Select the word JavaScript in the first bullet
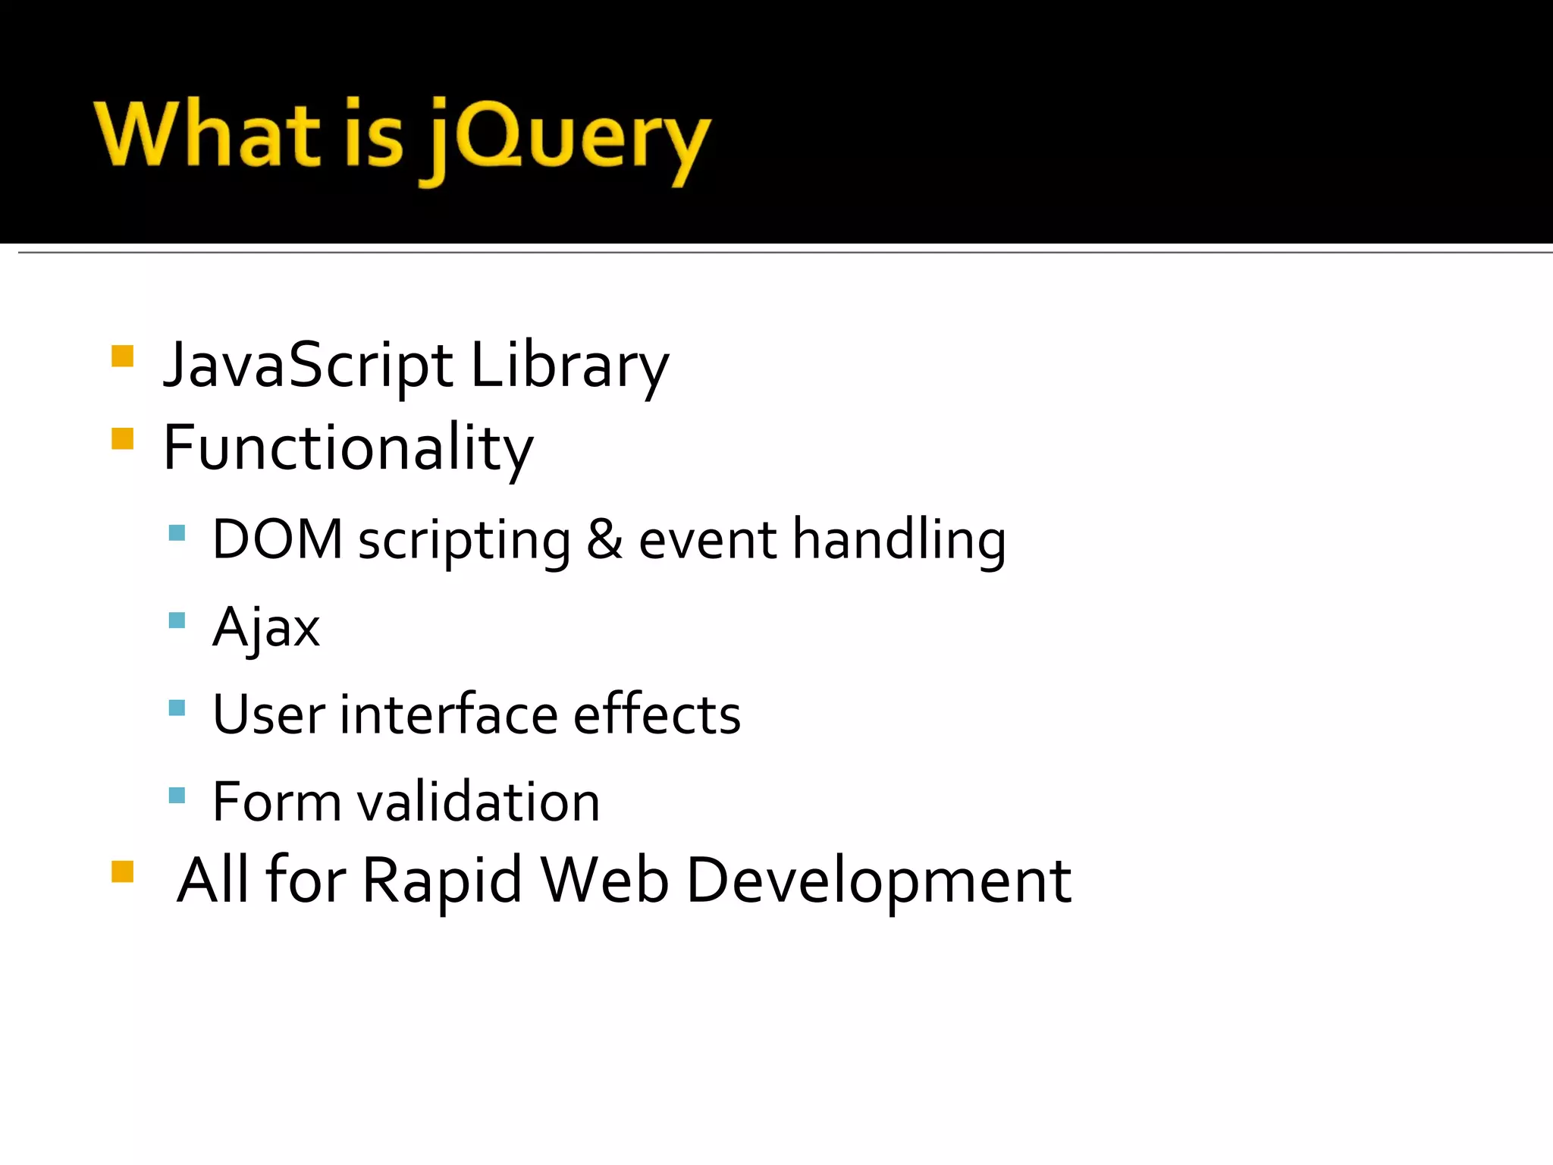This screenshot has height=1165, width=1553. [x=308, y=366]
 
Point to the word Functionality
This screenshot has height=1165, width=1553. [x=348, y=448]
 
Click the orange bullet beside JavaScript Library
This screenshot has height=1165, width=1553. [x=122, y=356]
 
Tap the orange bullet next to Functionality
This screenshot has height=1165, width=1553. [x=122, y=438]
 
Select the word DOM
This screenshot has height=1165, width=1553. [x=278, y=539]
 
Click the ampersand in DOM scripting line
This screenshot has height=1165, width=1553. [x=604, y=539]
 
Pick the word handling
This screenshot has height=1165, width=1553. [x=899, y=539]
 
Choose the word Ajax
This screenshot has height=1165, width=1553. [x=265, y=628]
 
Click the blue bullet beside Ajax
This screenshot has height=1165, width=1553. [x=177, y=620]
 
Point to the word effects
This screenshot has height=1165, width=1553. [x=657, y=714]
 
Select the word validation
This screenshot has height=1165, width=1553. [x=478, y=802]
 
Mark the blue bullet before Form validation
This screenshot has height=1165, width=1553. [x=177, y=795]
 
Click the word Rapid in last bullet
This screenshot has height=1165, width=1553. [x=442, y=880]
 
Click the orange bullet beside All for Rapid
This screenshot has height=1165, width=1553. [x=122, y=871]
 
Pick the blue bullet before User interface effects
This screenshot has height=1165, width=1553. [x=177, y=708]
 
